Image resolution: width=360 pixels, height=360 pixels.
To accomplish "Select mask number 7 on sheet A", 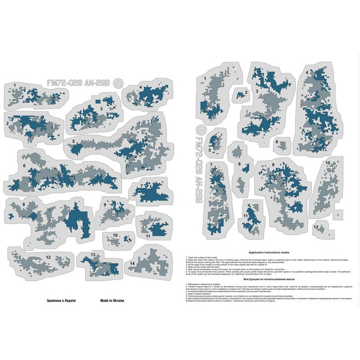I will click(151, 190).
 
